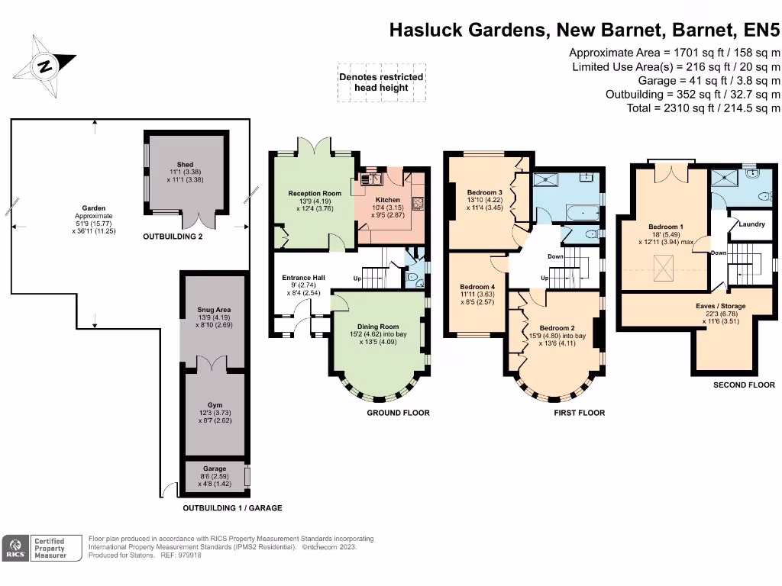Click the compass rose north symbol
[x=44, y=66]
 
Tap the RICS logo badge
[x=15, y=548]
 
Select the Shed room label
[x=185, y=165]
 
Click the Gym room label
[x=215, y=405]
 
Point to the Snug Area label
[x=214, y=310]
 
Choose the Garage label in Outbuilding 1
[x=215, y=468]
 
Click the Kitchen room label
[x=387, y=200]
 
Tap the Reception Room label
[x=315, y=193]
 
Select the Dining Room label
[x=378, y=327]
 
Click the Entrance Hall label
[x=303, y=278]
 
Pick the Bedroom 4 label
[x=477, y=287]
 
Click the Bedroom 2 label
[x=557, y=328]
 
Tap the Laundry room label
[x=751, y=224]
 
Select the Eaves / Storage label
[x=721, y=306]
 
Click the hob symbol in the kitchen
[x=418, y=203]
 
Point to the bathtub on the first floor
[x=583, y=214]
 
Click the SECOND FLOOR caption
[x=744, y=385]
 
